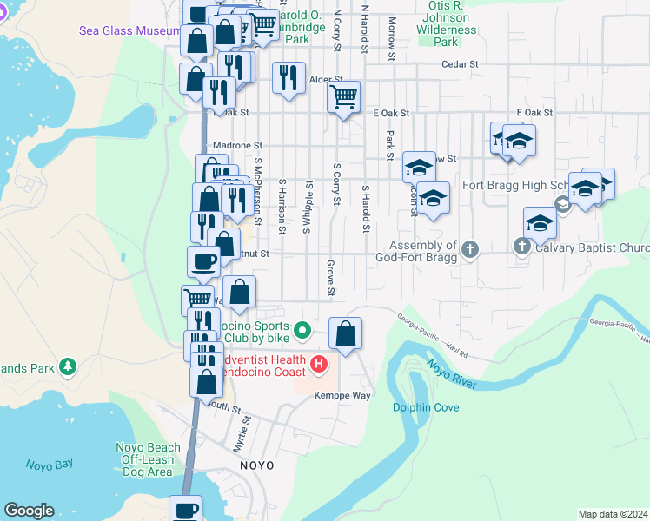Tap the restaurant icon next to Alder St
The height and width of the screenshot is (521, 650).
point(289,77)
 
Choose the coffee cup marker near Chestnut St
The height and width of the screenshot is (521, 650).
point(203,260)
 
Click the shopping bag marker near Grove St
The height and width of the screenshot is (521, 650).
point(346,333)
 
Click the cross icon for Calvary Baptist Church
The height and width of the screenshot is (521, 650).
point(522,247)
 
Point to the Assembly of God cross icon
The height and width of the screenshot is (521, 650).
point(470,250)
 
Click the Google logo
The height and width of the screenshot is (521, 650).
point(29,511)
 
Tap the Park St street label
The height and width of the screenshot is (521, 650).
point(390,140)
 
